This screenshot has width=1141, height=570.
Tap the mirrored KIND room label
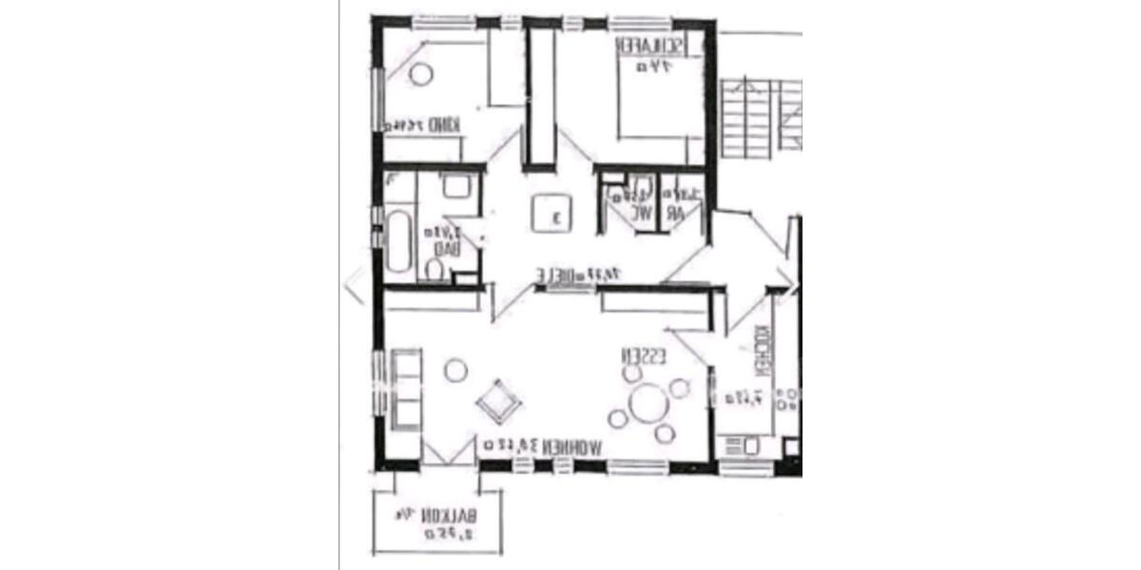pyautogui.click(x=442, y=124)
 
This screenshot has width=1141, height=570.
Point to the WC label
pyautogui.click(x=645, y=213)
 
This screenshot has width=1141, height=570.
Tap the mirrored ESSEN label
pyautogui.click(x=644, y=356)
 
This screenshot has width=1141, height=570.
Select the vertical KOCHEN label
pyautogui.click(x=762, y=352)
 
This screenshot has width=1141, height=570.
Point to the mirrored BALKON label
pyautogui.click(x=448, y=516)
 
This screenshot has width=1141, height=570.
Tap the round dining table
pyautogui.click(x=649, y=402)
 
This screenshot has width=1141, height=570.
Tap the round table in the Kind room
pyautogui.click(x=419, y=73)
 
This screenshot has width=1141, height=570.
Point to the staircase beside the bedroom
pyautogui.click(x=760, y=119)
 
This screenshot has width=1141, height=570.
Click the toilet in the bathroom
pyautogui.click(x=435, y=272)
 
